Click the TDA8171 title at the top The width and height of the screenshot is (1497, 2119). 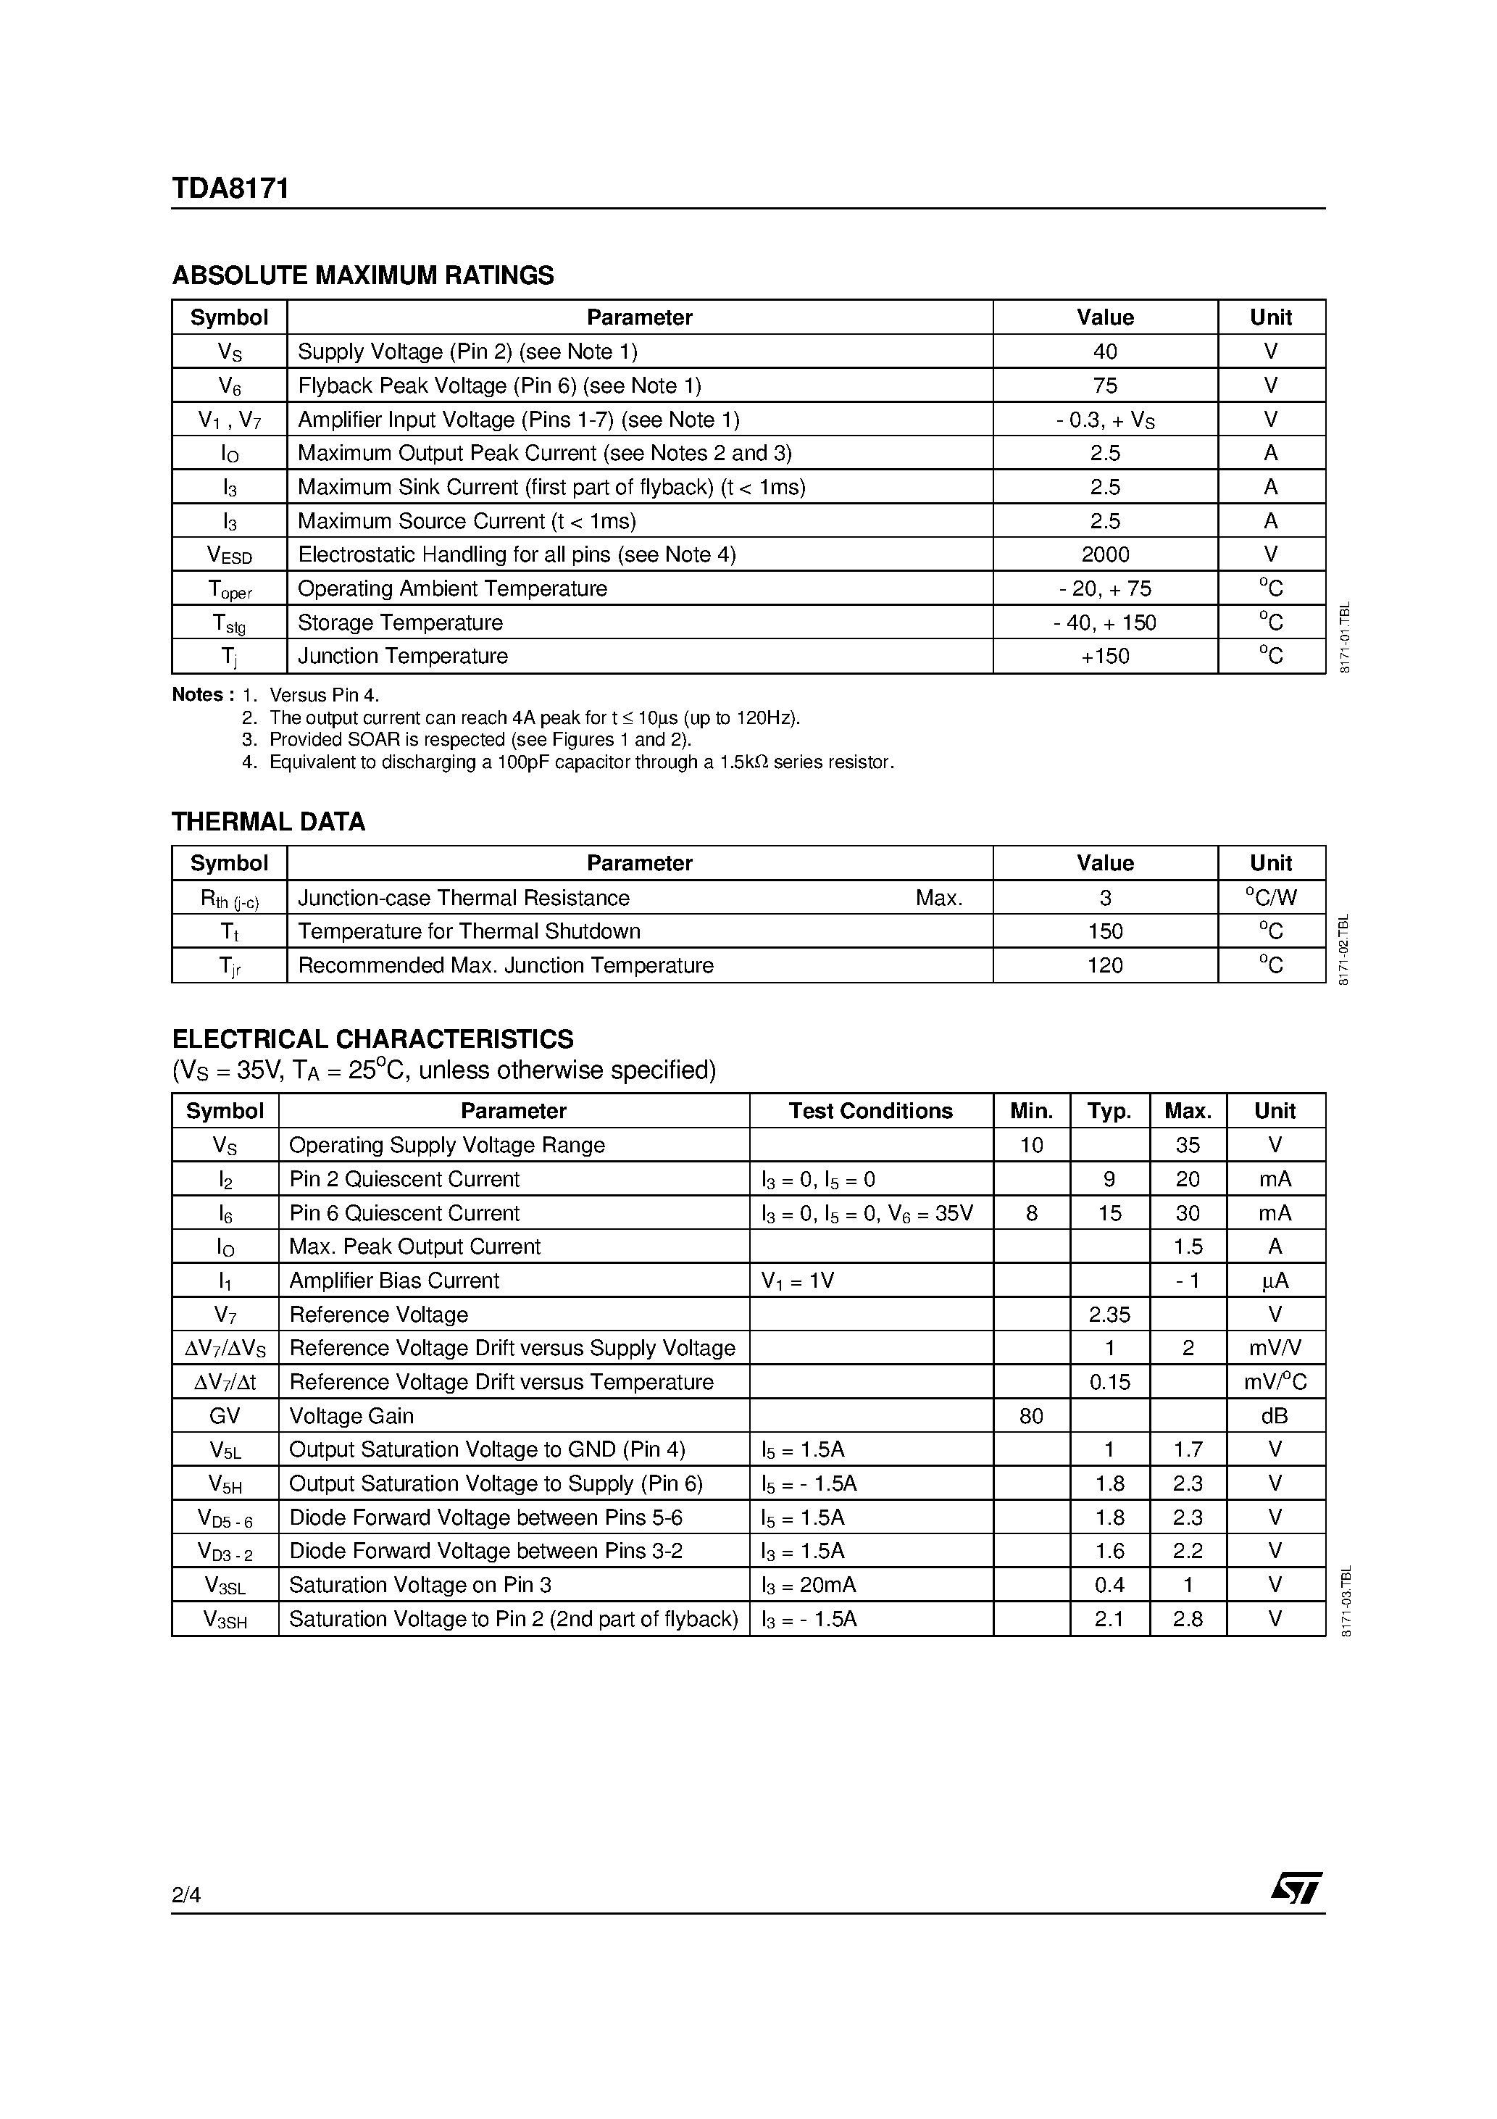[230, 188]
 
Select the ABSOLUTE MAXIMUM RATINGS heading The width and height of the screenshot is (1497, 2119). [363, 275]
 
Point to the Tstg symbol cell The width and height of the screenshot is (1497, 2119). [229, 623]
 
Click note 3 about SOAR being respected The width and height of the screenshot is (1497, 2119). [479, 740]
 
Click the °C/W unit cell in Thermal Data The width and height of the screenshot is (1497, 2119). [1270, 897]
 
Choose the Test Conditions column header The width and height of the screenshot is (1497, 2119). [870, 1111]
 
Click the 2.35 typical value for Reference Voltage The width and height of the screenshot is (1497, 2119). [1109, 1314]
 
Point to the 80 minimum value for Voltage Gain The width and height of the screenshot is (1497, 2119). [1031, 1416]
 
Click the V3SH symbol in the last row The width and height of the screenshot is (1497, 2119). [225, 1620]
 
